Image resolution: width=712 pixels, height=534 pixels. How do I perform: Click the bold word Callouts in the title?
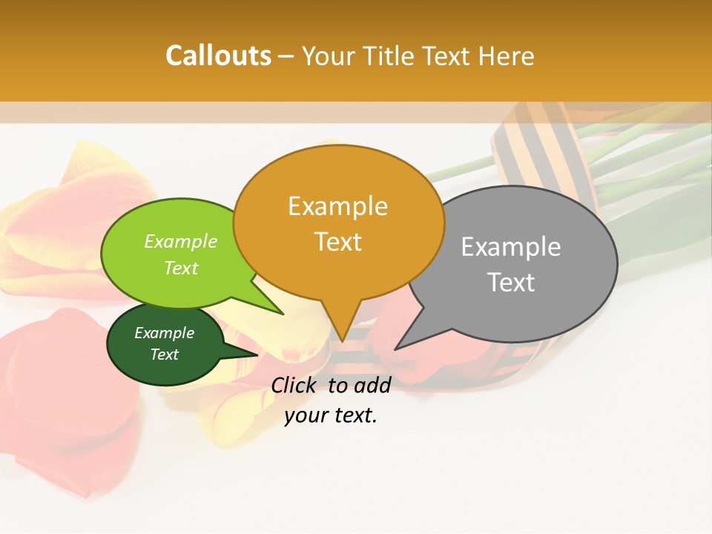pos(218,56)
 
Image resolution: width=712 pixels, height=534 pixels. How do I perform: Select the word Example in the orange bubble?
pos(337,205)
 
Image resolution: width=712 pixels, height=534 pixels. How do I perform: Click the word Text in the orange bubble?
pos(337,241)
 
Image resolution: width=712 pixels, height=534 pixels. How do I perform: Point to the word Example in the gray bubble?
pos(511,246)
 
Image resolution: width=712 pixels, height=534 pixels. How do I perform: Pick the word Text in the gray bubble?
pos(511,282)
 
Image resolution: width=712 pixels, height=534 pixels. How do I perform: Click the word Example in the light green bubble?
pos(181,241)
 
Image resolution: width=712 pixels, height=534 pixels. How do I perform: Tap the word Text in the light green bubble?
pos(181,268)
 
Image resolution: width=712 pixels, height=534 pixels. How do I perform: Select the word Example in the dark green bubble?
pos(165,333)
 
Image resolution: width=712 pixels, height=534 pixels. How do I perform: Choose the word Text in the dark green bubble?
pos(165,355)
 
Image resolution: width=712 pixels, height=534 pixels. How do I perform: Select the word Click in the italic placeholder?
pos(295,385)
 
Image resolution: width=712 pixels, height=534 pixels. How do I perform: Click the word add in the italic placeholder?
pos(372,385)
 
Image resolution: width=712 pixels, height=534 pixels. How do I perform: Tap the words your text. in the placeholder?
pos(331,416)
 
